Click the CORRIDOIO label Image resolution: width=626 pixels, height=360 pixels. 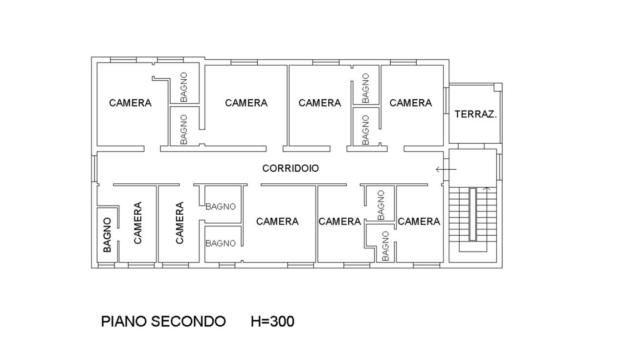click(291, 168)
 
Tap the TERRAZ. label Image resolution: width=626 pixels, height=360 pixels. click(475, 114)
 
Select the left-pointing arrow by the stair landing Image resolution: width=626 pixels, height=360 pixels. click(446, 170)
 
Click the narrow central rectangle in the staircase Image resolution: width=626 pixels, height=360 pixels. click(472, 214)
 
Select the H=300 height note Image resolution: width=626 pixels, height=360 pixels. click(272, 321)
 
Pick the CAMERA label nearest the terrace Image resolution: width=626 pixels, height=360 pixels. click(411, 103)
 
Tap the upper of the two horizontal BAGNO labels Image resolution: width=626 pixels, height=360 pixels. click(220, 206)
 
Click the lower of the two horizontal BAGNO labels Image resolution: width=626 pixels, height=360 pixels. click(220, 243)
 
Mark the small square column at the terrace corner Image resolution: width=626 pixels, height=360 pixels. click(497, 87)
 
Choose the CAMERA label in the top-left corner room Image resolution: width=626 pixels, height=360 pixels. click(130, 103)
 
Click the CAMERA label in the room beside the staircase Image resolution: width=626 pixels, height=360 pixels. click(419, 222)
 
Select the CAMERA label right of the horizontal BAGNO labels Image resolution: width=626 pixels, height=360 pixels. click(277, 222)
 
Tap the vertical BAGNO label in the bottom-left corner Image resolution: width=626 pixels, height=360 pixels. click(108, 235)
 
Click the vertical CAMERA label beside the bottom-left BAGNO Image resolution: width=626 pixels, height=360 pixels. click(137, 223)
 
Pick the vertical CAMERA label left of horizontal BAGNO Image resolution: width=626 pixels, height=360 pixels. click(179, 223)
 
